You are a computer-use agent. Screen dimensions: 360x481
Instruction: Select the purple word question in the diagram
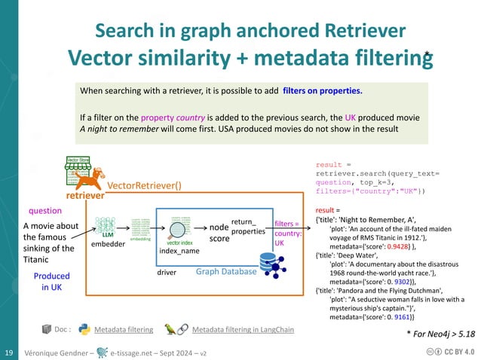tap(45, 211)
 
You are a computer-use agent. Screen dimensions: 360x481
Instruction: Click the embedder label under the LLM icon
tap(106, 245)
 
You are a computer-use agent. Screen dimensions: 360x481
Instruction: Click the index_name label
tap(179, 251)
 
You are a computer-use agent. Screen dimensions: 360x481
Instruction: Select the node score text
tap(219, 232)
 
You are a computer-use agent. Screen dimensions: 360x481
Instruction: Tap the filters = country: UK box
tap(288, 233)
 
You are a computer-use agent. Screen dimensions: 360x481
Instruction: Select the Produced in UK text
tap(51, 282)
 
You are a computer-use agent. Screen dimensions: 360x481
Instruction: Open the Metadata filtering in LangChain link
tap(243, 329)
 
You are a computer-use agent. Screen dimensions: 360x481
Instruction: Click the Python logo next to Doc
tap(84, 329)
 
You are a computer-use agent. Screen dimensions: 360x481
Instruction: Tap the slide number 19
tap(10, 352)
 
